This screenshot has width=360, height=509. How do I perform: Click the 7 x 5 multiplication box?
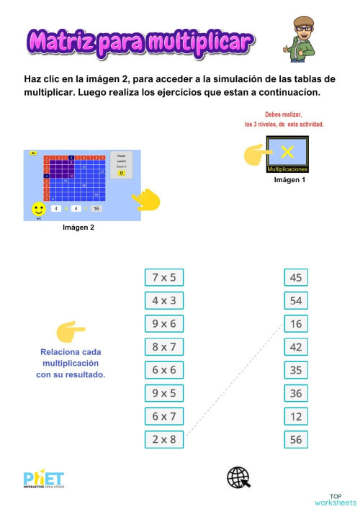tap(164, 277)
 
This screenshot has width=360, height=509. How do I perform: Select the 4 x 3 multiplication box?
tap(164, 300)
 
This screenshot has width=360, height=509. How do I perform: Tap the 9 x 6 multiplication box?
tap(164, 324)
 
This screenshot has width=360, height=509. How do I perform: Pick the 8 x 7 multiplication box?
tap(164, 347)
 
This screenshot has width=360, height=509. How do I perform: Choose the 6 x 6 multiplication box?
tap(164, 370)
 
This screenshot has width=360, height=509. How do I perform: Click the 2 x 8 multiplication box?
tap(164, 439)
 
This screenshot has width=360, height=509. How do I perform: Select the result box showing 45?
tap(295, 277)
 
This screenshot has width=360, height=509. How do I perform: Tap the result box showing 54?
tap(295, 300)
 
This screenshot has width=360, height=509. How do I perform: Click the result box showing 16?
tap(295, 324)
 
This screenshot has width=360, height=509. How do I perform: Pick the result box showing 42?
tap(295, 347)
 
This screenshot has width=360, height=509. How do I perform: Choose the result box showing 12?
tap(295, 416)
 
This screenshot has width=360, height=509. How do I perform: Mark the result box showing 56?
tap(295, 439)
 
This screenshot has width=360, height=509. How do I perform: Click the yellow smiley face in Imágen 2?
tap(39, 209)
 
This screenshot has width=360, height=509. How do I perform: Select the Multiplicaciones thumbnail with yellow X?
tap(287, 154)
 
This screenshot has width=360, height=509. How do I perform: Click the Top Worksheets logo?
tap(335, 499)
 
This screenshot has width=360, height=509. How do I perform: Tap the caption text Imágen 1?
tap(289, 179)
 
